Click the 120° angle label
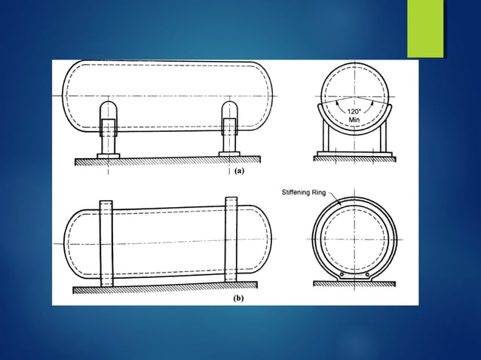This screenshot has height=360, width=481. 354,111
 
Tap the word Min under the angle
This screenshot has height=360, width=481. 354,120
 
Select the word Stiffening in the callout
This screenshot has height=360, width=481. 298,192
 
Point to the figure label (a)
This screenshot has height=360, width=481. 239,171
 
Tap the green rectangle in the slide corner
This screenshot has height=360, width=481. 425,29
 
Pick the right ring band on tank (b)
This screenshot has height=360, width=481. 231,241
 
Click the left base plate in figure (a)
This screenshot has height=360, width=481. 109,154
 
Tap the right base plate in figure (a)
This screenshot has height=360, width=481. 229,154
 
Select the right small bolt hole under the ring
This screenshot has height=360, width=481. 367,276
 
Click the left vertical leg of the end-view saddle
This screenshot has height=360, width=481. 326,139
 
